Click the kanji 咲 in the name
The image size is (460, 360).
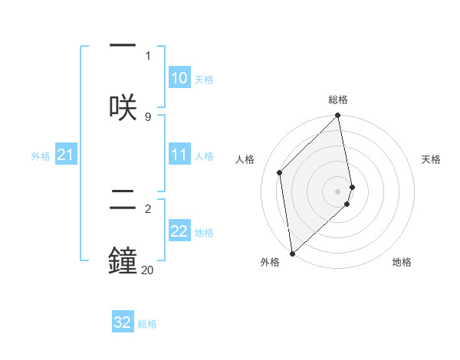[123, 106]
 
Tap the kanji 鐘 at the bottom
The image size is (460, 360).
[123, 260]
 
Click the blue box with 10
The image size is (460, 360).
[179, 78]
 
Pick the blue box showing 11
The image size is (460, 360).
[179, 155]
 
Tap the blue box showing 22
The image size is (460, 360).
[179, 231]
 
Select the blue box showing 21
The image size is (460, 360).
[66, 155]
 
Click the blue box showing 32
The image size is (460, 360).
[123, 322]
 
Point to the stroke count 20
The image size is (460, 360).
[147, 270]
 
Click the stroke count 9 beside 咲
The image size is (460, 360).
[147, 116]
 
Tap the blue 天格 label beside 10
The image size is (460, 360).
[204, 79]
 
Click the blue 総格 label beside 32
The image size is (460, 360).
[147, 324]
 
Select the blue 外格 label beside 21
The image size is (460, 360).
[41, 155]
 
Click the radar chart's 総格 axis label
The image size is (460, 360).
[338, 100]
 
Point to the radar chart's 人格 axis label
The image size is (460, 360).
[245, 159]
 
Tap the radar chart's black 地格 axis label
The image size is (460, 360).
[402, 262]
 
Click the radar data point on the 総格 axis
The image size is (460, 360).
[338, 116]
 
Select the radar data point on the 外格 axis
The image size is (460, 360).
[291, 253]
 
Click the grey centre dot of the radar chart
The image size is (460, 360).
[338, 191]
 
